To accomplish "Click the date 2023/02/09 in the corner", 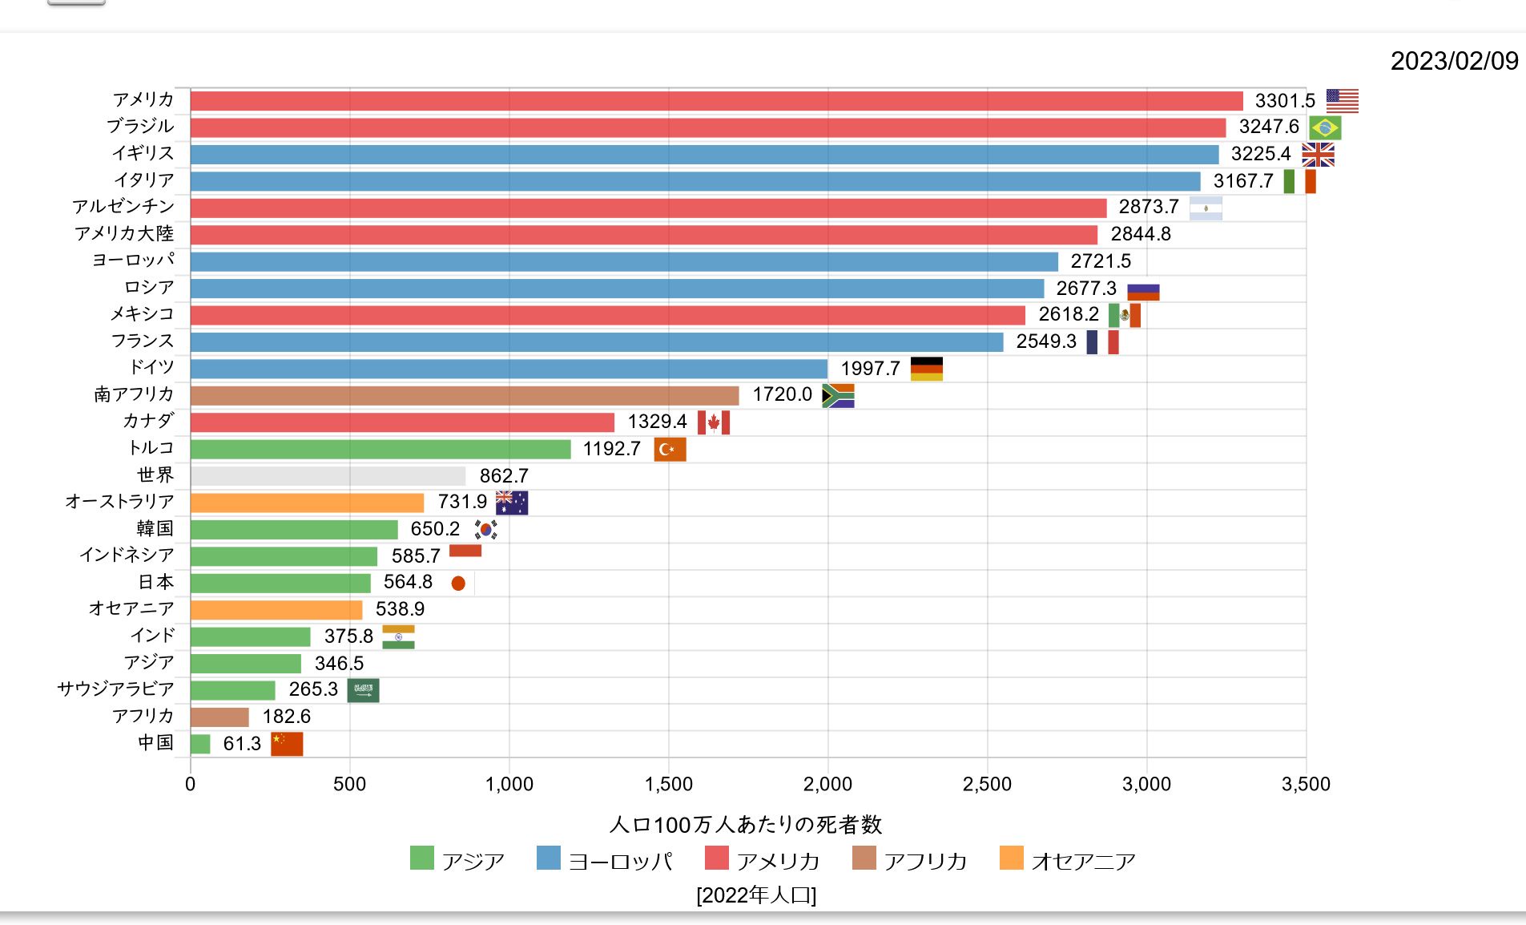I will (x=1454, y=61).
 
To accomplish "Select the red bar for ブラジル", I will (x=707, y=127).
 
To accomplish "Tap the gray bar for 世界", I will (x=328, y=476).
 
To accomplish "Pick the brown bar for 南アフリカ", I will (x=465, y=395).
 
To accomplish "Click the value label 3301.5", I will (x=1284, y=101).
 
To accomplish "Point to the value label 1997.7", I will (x=870, y=369).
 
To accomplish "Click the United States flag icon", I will (x=1342, y=101).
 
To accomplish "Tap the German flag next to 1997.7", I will (x=927, y=369).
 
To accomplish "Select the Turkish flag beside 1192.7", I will (x=670, y=450).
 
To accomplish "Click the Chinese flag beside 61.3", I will (x=287, y=744).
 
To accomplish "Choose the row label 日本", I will (x=155, y=582).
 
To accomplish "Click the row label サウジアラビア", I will (x=115, y=689).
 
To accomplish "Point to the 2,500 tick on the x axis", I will (x=987, y=784).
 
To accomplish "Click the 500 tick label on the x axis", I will (x=349, y=784).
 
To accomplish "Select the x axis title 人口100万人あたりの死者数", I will (x=745, y=824).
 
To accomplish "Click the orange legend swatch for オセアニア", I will (x=1012, y=858).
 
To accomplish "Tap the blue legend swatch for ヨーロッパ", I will (x=549, y=858).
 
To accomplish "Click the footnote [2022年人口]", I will (x=756, y=895).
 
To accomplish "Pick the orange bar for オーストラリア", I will (x=307, y=503).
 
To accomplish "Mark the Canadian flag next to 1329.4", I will (x=713, y=422).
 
